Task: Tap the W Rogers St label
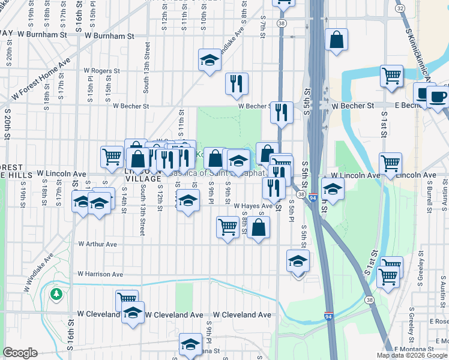pyautogui.click(x=101, y=71)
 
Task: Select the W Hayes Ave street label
pyautogui.click(x=253, y=205)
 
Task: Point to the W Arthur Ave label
pyautogui.click(x=98, y=244)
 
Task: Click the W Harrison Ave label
pyautogui.click(x=100, y=274)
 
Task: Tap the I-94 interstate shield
pyautogui.click(x=328, y=316)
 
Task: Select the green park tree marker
pyautogui.click(x=56, y=293)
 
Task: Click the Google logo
pyautogui.click(x=20, y=353)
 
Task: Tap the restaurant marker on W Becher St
pyautogui.click(x=282, y=112)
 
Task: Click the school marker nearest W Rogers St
pyautogui.click(x=209, y=60)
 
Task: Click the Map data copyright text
pyautogui.click(x=411, y=355)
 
